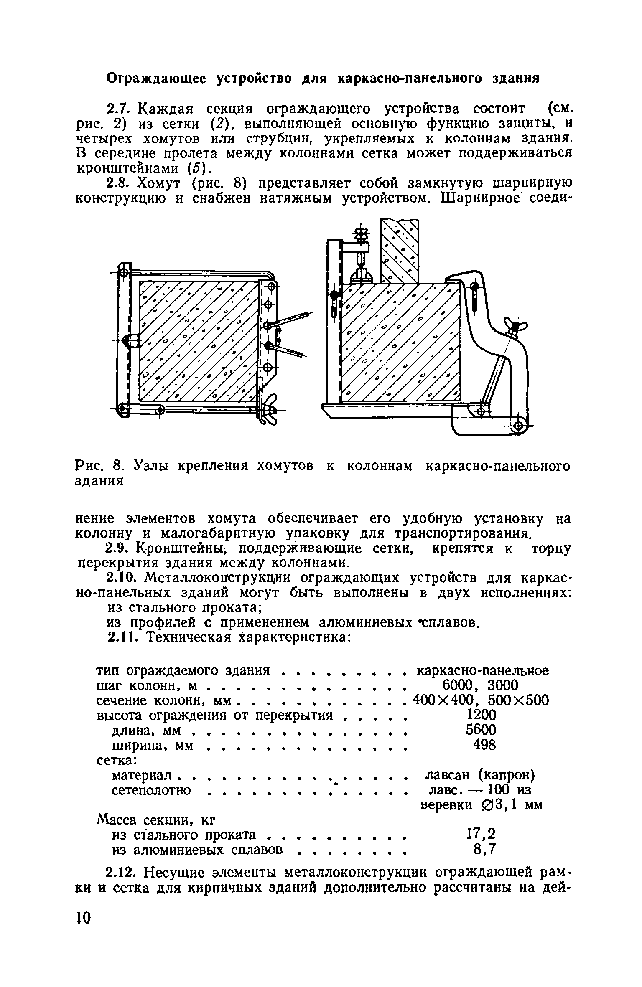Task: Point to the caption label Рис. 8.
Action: pyautogui.click(x=100, y=465)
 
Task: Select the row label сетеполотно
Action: pyautogui.click(x=151, y=790)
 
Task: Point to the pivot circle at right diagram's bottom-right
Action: pyautogui.click(x=518, y=426)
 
